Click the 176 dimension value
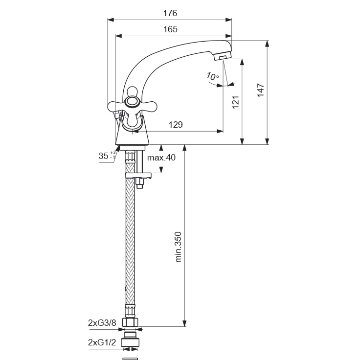[170, 13]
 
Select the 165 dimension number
[170, 29]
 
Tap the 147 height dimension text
[261, 91]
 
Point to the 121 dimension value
[236, 102]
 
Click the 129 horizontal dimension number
[176, 125]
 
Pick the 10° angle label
[212, 76]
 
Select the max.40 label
[161, 158]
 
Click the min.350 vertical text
[178, 247]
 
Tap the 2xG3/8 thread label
[102, 323]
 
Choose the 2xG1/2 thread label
[102, 342]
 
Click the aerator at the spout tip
[223, 56]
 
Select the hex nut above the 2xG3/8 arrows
[130, 322]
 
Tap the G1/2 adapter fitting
[131, 340]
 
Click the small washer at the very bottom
[130, 359]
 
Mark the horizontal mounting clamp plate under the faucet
[138, 176]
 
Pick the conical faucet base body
[132, 132]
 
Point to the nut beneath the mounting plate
[139, 183]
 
